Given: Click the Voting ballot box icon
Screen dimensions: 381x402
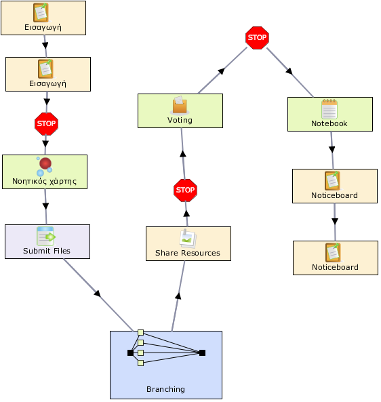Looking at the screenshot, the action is (180, 105).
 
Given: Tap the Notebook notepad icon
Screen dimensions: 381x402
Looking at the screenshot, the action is (329, 108).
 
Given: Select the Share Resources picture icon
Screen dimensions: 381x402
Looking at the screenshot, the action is (188, 239).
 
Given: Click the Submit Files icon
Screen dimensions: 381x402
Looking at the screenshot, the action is (46, 237).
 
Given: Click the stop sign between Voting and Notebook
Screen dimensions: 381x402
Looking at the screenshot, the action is (257, 38).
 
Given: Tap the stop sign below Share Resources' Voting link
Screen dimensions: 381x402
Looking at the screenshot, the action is (185, 190).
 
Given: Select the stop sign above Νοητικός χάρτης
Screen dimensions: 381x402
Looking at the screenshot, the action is (46, 124).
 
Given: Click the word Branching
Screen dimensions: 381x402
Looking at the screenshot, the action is (165, 389).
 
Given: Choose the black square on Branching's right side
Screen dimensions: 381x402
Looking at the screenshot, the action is (202, 353).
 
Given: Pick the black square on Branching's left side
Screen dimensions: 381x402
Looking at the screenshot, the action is (131, 353).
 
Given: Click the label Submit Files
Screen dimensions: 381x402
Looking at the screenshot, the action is (47, 251).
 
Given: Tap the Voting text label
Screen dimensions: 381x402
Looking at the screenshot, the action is (180, 120).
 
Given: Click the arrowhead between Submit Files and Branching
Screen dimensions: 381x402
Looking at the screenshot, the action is (98, 294).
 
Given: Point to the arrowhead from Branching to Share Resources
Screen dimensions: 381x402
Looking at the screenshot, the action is (178, 296).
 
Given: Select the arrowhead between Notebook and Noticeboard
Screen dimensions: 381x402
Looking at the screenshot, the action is (332, 149).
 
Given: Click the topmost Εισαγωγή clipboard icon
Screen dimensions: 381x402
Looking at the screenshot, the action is (41, 13).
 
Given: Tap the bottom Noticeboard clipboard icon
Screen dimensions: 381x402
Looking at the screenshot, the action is (333, 253).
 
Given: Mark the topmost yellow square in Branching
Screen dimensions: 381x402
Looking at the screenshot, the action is (140, 333).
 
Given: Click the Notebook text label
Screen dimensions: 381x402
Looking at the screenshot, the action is (329, 123).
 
